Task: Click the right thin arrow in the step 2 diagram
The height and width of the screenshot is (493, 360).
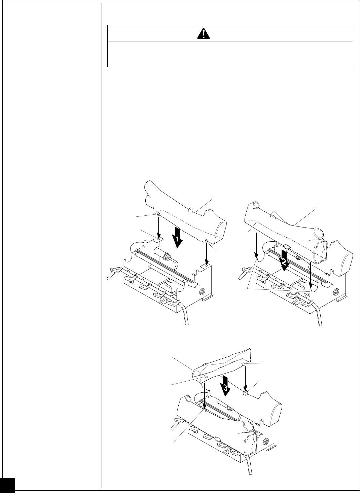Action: (310, 268)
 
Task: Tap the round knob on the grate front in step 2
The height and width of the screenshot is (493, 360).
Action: (296, 300)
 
